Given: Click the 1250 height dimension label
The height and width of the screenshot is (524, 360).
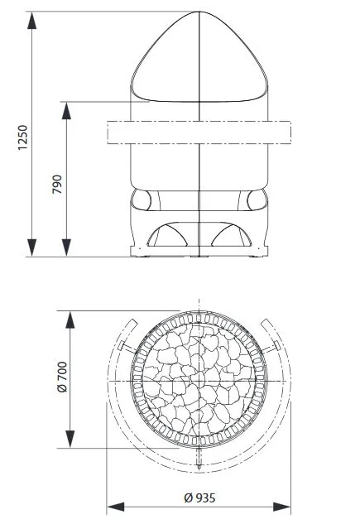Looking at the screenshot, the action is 22,137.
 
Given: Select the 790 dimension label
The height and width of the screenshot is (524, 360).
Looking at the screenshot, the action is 57,184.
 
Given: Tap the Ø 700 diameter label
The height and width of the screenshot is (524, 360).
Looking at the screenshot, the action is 62,377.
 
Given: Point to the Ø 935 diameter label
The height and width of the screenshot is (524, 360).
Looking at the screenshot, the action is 199,498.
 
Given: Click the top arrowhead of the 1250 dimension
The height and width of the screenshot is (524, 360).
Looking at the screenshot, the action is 32,21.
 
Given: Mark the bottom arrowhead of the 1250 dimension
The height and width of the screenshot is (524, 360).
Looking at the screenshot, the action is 32,248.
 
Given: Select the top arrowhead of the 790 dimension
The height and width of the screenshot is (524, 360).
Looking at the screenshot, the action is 67,111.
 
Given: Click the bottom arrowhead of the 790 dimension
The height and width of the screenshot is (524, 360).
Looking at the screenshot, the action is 67,248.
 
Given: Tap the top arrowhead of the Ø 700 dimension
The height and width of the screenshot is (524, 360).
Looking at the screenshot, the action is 70,320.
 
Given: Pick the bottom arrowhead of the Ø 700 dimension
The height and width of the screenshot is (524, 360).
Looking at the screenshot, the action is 70,439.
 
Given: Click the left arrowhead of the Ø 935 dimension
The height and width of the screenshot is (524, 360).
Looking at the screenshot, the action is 116,507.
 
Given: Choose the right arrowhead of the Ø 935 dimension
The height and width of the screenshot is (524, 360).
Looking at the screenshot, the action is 282,507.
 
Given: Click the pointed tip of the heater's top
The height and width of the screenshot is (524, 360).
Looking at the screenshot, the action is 199,12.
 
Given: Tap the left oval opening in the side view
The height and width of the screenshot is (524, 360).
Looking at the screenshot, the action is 141,200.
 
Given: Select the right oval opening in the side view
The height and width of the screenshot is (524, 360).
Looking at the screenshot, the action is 257,200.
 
